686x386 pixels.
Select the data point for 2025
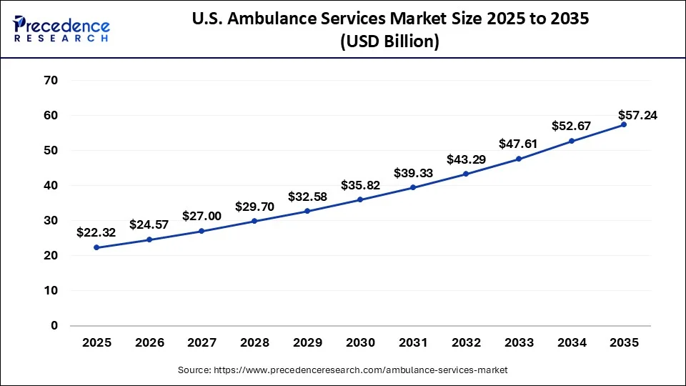96,247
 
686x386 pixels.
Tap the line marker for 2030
360,199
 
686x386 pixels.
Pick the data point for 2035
624,124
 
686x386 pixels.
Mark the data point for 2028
255,221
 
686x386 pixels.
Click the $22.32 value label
96,232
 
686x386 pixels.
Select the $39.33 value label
413,173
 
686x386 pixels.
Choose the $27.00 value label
202,215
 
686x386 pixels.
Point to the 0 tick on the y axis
54,325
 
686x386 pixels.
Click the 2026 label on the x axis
149,343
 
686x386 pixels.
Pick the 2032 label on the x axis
466,343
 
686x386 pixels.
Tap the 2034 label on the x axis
571,343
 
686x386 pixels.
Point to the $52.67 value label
571,126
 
